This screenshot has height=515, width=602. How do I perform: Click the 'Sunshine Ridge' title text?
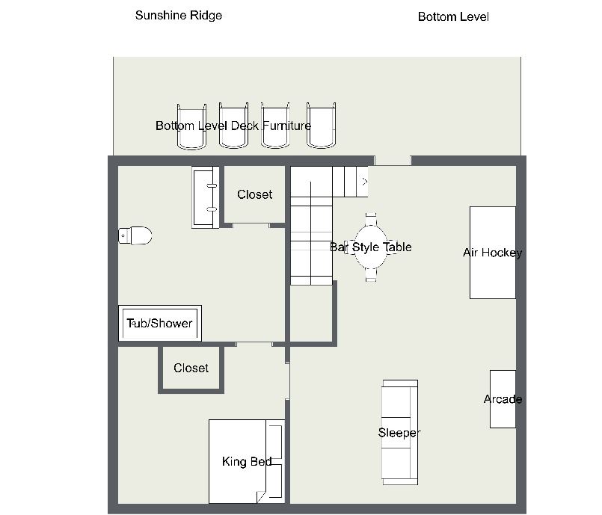179,16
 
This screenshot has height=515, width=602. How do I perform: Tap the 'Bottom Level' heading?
453,17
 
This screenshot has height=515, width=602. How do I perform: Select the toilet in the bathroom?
135,235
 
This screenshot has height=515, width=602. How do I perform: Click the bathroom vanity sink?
206,197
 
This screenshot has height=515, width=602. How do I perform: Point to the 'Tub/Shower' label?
159,323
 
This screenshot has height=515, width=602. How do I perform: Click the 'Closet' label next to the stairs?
254,194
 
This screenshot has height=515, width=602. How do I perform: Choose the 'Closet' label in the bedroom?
191,368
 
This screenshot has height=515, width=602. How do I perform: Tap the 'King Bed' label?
247,461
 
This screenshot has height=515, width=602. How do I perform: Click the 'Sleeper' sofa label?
399,433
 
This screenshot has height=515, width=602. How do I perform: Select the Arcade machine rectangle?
503,399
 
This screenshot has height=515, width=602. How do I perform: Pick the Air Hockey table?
493,253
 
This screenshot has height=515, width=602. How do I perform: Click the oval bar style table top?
370,247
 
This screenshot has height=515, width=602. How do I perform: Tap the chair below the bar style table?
371,275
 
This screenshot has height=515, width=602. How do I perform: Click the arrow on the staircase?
365,182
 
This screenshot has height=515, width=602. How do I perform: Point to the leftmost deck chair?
191,126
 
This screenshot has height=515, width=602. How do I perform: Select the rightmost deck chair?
322,126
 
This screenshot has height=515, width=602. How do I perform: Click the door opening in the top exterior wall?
393,161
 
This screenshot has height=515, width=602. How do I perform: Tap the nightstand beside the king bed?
275,461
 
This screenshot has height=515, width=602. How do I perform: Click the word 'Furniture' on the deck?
287,126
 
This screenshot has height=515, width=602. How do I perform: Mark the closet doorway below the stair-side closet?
251,225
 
